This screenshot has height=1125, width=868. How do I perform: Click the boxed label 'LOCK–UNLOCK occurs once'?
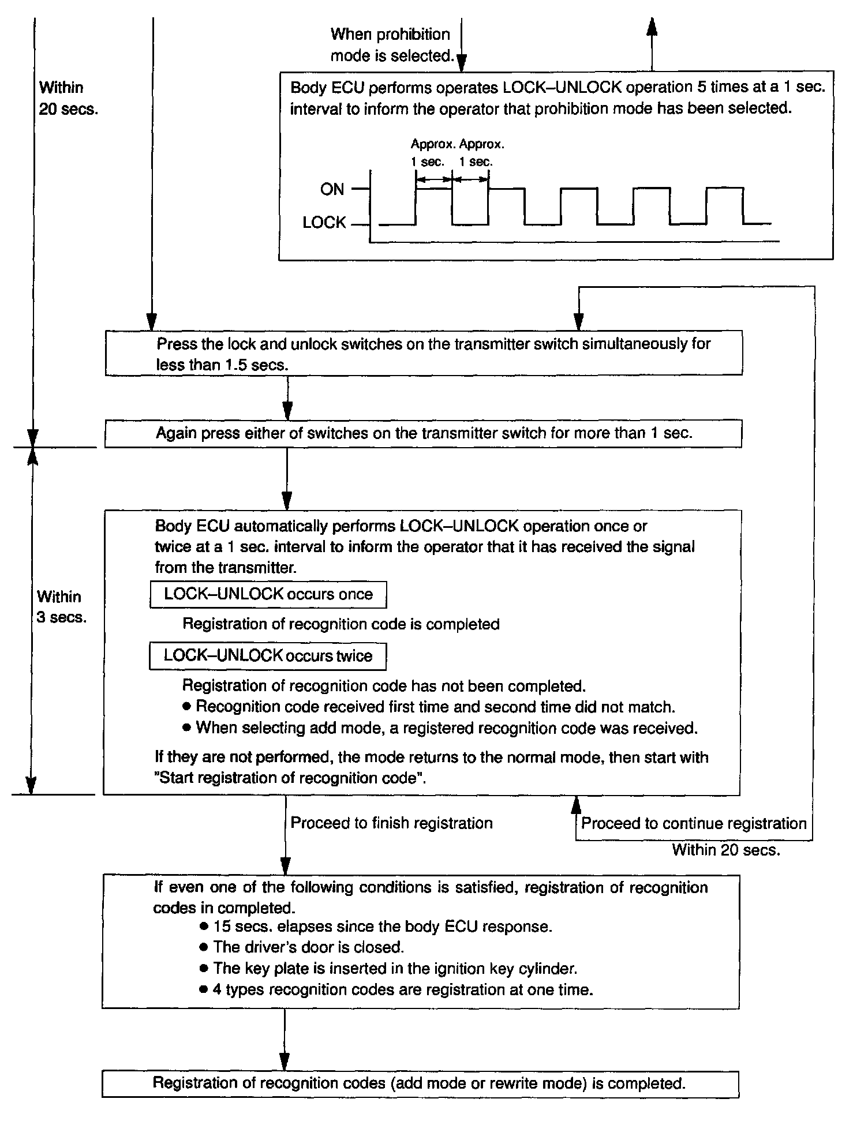point(268,595)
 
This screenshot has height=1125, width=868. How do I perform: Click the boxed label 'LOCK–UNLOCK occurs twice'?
point(268,656)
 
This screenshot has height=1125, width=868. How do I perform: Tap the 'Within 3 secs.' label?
point(61,607)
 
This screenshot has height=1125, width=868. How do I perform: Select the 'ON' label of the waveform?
point(332,189)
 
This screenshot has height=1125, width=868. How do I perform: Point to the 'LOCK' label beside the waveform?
point(324,223)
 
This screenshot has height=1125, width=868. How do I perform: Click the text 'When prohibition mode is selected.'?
point(390,45)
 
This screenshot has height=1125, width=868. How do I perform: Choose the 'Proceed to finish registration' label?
point(391,823)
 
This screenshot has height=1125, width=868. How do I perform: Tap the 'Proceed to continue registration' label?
point(694,824)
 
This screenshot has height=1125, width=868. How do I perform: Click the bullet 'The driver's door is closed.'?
point(308,947)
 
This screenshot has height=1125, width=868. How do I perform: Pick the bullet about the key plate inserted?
point(395,969)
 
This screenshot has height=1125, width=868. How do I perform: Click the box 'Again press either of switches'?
point(423,434)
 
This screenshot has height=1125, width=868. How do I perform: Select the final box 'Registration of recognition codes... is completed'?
point(420,1083)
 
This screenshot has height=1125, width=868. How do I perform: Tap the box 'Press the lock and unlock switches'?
point(423,354)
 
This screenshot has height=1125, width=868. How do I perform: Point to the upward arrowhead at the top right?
point(652,27)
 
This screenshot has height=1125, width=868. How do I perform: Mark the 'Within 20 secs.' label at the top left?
point(68,99)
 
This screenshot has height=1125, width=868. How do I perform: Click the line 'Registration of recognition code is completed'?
point(341,624)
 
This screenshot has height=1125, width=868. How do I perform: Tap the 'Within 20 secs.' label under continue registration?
point(726,850)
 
